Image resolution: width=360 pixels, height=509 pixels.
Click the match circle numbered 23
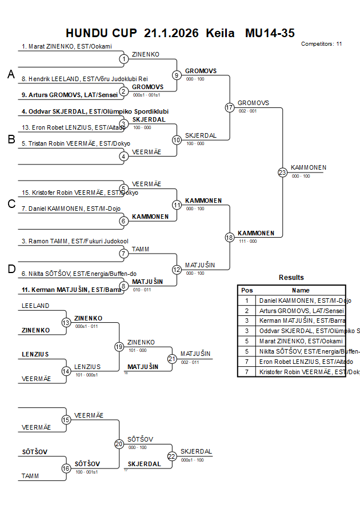coord(282,173)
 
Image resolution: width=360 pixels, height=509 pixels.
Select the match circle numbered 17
coord(230,107)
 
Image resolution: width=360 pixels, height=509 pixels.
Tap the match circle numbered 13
coord(66,323)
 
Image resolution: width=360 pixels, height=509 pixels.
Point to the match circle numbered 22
coord(172,456)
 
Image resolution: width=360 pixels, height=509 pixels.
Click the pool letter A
coord(10,74)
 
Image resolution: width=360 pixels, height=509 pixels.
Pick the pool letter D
coord(11,270)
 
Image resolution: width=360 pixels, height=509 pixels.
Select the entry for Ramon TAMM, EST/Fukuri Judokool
coord(74,242)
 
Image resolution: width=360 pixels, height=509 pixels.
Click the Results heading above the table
coord(291,278)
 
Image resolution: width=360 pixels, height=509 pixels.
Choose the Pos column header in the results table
coord(247,290)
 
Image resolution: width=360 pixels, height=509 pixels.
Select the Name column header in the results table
coord(301,290)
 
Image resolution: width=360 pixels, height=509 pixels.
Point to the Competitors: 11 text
coord(321,43)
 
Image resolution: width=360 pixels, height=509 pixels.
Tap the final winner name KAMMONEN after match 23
coord(309,167)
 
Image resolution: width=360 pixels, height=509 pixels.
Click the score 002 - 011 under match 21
coord(190,362)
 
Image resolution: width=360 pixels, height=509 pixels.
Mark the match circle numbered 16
coord(66,468)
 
